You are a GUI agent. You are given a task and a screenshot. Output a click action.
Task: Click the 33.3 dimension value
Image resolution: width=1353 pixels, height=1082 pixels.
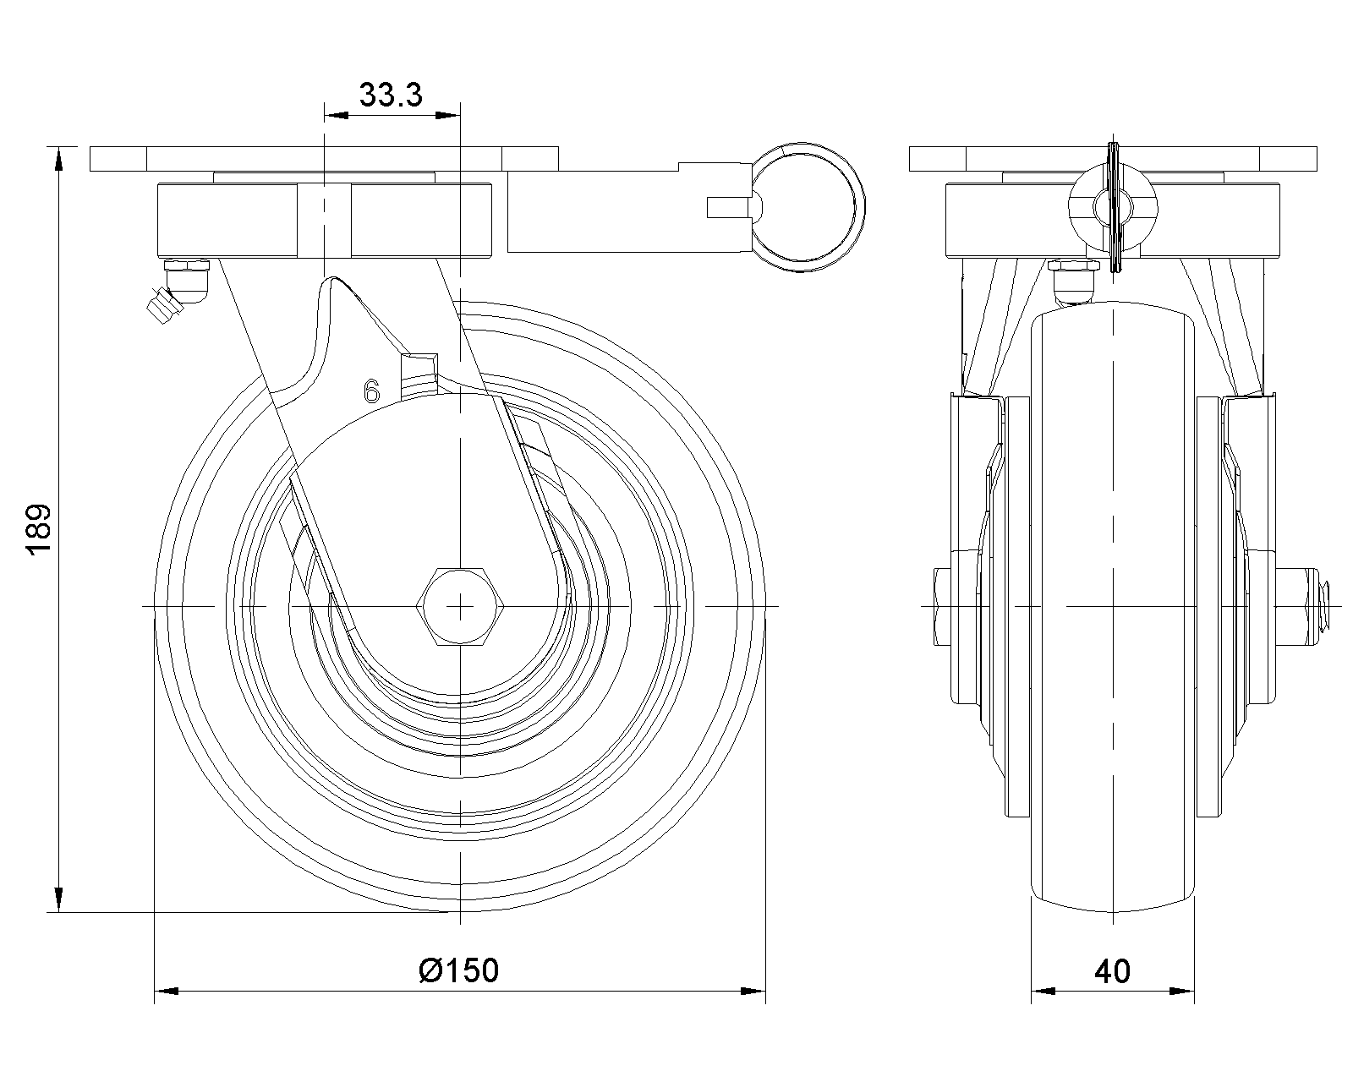(391, 95)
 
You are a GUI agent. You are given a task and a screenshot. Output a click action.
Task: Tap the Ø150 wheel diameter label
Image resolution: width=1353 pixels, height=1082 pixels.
(459, 970)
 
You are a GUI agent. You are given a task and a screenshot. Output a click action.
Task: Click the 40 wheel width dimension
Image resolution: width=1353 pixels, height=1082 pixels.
(1112, 971)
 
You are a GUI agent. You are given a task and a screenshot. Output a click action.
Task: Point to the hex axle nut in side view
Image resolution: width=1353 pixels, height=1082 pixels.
(460, 606)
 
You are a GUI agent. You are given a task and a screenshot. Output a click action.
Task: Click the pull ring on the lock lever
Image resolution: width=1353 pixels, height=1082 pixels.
(808, 207)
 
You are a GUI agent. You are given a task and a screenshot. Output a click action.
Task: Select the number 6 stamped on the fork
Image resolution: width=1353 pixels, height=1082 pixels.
(372, 391)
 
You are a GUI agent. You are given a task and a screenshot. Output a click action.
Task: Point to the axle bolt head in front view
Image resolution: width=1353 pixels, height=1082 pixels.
(944, 607)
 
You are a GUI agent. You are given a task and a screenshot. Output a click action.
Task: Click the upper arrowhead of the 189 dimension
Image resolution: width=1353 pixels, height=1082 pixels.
(58, 158)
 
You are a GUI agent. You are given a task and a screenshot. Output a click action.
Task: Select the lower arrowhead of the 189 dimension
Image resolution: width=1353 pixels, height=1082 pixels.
(58, 899)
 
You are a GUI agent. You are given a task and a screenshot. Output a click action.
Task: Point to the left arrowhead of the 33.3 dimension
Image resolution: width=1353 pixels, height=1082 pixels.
(337, 116)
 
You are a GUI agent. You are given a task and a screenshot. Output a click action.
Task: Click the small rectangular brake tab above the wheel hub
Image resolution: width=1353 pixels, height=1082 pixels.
(419, 376)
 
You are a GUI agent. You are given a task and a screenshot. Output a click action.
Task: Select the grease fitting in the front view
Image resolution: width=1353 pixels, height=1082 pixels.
(1074, 281)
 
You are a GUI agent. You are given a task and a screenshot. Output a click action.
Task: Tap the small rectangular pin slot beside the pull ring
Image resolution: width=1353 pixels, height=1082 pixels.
(729, 208)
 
